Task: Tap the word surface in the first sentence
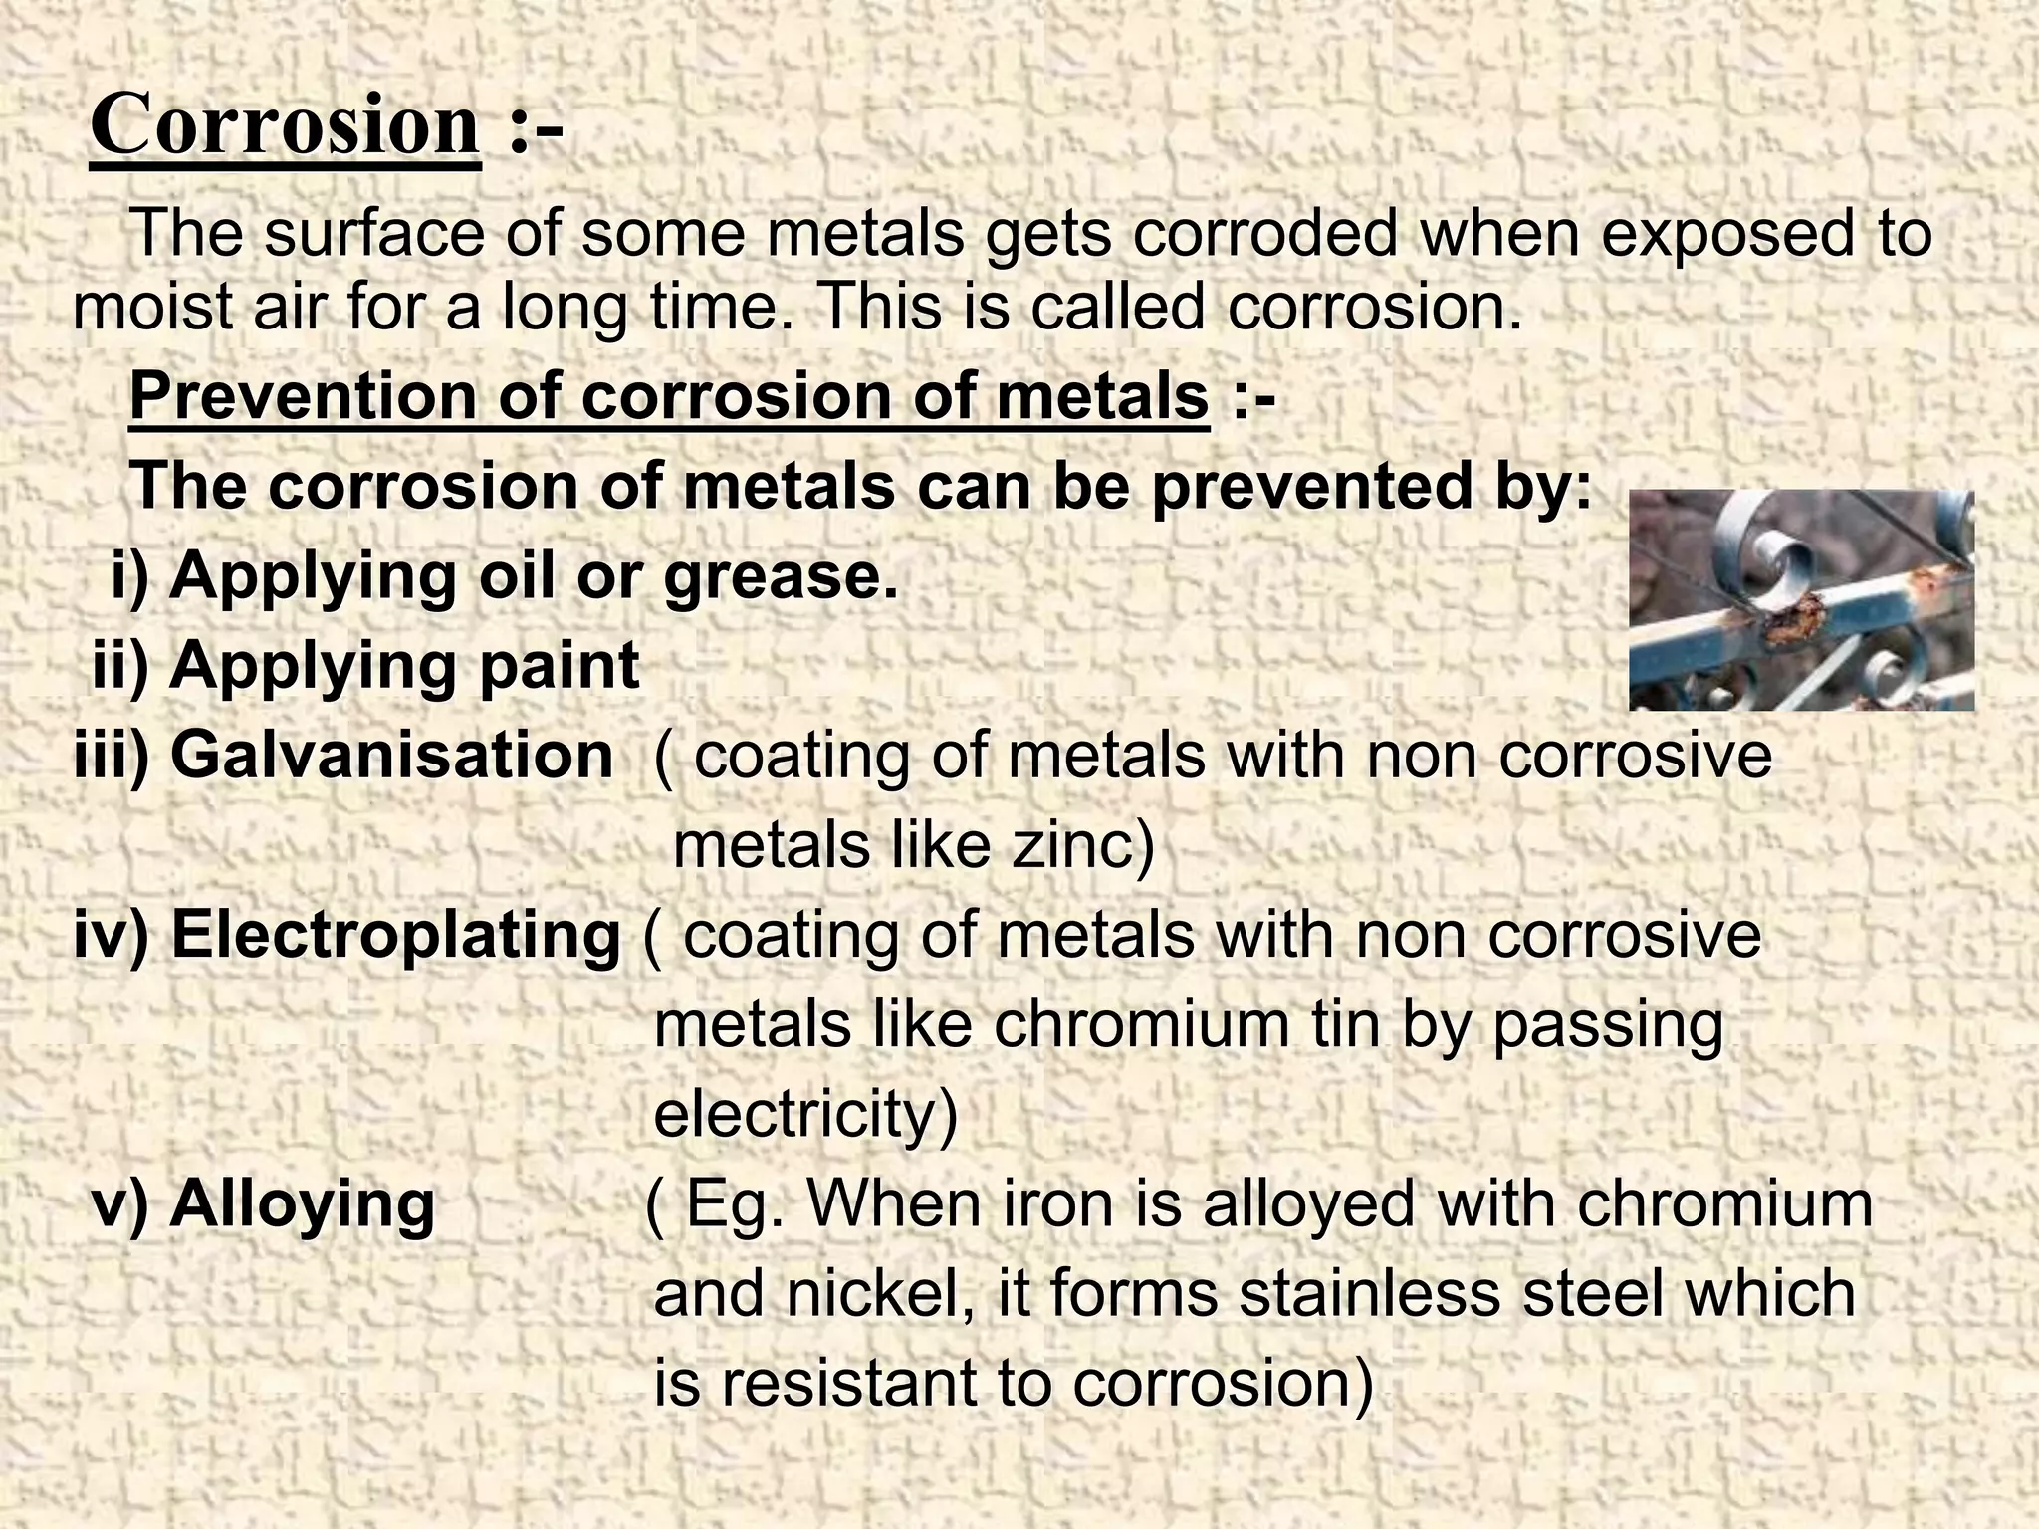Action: (x=375, y=235)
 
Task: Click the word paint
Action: (x=559, y=666)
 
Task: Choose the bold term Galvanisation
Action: (x=391, y=755)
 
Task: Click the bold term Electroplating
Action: (x=395, y=936)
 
